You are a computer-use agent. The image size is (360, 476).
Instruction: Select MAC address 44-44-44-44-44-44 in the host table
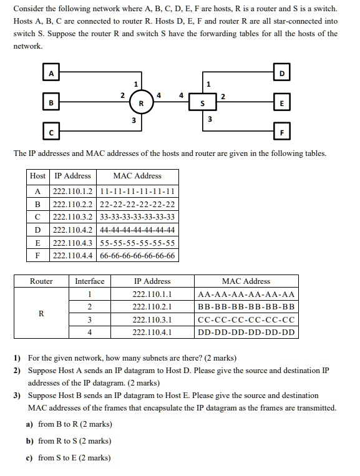pyautogui.click(x=137, y=230)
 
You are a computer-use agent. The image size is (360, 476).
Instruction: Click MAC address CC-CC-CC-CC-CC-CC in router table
pyautogui.click(x=246, y=320)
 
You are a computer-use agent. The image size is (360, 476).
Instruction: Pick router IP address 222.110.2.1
pyautogui.click(x=152, y=307)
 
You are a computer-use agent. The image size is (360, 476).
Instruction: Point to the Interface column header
pyautogui.click(x=90, y=281)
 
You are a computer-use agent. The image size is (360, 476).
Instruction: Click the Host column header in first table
pyautogui.click(x=37, y=176)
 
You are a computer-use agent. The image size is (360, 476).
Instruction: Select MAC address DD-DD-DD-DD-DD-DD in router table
pyautogui.click(x=246, y=333)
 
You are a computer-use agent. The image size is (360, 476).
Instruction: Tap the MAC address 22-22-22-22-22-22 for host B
pyautogui.click(x=137, y=203)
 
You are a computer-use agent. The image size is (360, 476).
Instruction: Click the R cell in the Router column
pyautogui.click(x=41, y=313)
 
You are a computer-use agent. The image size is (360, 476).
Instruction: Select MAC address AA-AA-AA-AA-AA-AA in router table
pyautogui.click(x=246, y=294)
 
